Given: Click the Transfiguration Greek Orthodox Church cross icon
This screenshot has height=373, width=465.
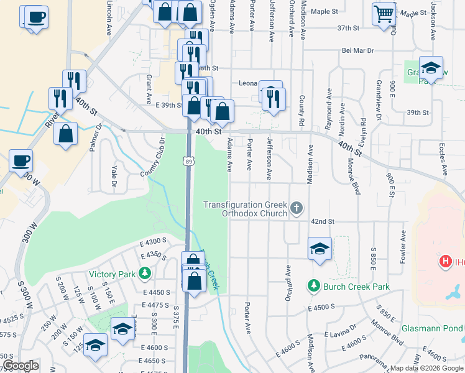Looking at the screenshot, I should (297, 208).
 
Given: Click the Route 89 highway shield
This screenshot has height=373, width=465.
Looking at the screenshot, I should (189, 160).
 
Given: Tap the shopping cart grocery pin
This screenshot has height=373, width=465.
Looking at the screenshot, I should (384, 12).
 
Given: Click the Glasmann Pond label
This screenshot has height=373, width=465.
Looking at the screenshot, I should (440, 311).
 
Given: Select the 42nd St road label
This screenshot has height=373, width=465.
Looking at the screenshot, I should (323, 221).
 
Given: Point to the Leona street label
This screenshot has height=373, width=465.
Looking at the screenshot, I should (249, 82).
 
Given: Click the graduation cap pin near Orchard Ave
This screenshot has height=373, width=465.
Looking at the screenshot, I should (320, 249).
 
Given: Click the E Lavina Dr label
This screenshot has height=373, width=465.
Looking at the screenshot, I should (341, 334).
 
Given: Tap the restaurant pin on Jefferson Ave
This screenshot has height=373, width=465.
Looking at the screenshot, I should (274, 98).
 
